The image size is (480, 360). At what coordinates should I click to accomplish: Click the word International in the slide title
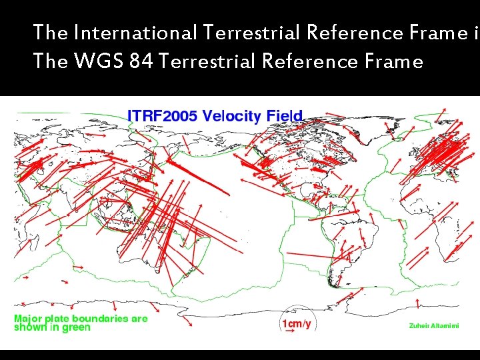136,32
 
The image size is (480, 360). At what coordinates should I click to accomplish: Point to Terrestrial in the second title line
208,61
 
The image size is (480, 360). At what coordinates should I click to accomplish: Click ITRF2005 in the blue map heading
162,116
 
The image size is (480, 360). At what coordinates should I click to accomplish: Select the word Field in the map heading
285,116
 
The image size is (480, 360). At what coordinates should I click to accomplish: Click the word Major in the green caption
28,319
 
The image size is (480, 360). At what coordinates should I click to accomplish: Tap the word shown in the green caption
29,327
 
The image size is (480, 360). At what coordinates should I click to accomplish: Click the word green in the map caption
76,328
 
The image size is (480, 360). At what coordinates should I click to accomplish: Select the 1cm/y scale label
297,324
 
